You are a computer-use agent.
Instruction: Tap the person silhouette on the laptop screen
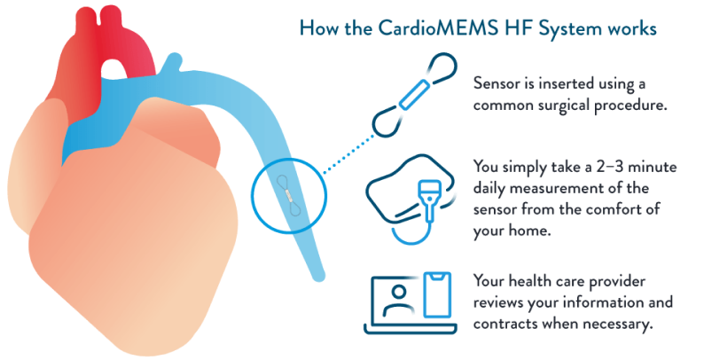[x=402, y=305]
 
